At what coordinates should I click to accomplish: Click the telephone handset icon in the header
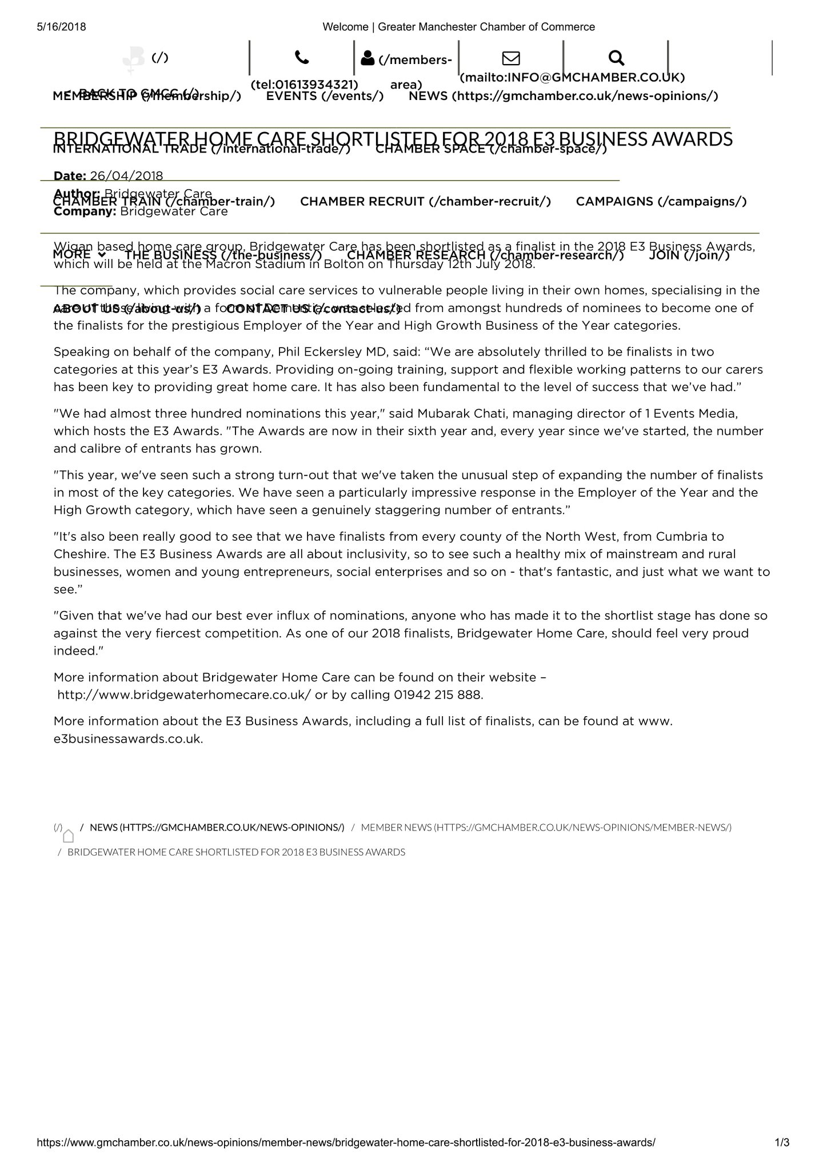(x=302, y=57)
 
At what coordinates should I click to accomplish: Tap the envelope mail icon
(x=511, y=58)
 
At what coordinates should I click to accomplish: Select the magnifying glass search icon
(x=616, y=57)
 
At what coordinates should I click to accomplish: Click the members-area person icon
(x=368, y=58)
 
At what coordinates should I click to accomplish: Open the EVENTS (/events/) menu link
(x=325, y=96)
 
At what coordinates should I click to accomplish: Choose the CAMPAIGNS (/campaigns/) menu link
(x=661, y=202)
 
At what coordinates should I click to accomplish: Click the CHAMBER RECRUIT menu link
(x=425, y=202)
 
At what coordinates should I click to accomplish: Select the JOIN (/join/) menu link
(x=689, y=255)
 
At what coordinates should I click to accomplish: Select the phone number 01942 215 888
(x=438, y=695)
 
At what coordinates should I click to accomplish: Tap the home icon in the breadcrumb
(x=69, y=836)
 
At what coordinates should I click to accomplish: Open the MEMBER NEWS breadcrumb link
(x=546, y=828)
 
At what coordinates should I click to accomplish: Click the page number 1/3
(x=782, y=1143)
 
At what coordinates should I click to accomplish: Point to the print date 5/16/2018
(x=62, y=27)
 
